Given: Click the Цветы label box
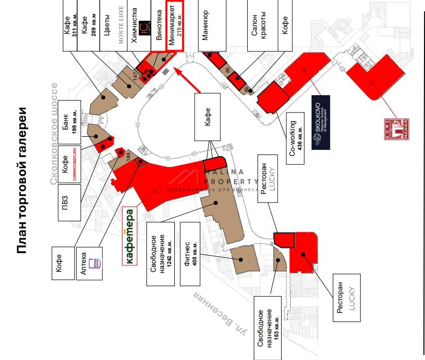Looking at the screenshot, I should coord(107,25).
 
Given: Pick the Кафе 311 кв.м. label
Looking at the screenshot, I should coord(69,25).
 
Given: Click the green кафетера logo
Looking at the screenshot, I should coord(130,236).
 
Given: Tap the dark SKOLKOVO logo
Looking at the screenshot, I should coord(321,123).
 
